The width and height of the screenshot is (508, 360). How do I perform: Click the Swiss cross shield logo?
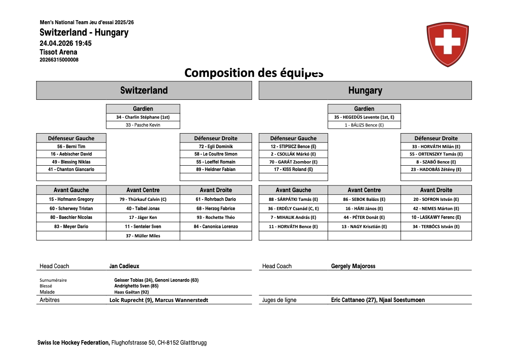point(447,44)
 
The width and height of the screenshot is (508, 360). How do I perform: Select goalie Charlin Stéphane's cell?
point(143,117)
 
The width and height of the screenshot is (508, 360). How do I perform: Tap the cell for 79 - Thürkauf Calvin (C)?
point(143,200)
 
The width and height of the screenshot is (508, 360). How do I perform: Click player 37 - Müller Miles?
point(143,236)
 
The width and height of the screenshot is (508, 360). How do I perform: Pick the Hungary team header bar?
point(365,91)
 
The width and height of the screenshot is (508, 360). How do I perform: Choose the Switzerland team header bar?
point(144,91)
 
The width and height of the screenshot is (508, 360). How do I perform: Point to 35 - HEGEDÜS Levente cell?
point(364,117)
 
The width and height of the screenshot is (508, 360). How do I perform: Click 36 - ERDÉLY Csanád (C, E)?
point(293,209)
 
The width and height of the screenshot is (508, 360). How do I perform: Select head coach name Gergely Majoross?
point(353,266)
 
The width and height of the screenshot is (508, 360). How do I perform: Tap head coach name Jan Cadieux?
point(124,266)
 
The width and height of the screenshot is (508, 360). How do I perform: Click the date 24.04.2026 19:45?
point(66,43)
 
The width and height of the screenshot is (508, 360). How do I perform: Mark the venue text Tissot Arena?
point(58,52)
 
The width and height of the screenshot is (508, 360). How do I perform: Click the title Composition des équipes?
point(254,73)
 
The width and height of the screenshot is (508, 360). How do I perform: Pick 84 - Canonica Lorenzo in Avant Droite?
point(216,227)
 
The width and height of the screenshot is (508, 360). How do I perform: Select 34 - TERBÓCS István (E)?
point(436,227)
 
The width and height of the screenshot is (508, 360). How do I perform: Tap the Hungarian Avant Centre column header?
point(364,190)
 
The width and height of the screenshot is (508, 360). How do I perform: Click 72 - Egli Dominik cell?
point(216,146)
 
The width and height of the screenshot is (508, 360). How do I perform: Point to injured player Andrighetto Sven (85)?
point(136,286)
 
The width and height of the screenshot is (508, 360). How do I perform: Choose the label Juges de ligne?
point(279,300)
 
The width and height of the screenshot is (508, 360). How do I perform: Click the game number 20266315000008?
point(59,60)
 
